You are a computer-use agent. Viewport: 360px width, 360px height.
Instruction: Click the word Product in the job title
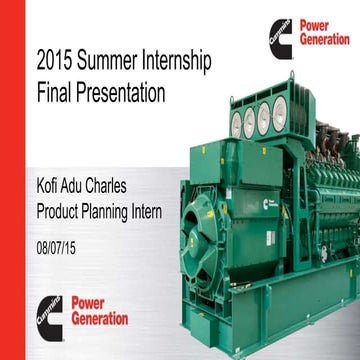coord(61,211)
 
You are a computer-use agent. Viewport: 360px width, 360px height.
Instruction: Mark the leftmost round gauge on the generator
coord(237,124)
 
